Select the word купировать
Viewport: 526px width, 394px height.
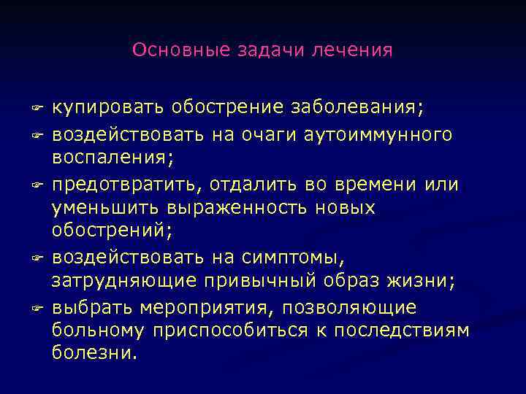point(108,109)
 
